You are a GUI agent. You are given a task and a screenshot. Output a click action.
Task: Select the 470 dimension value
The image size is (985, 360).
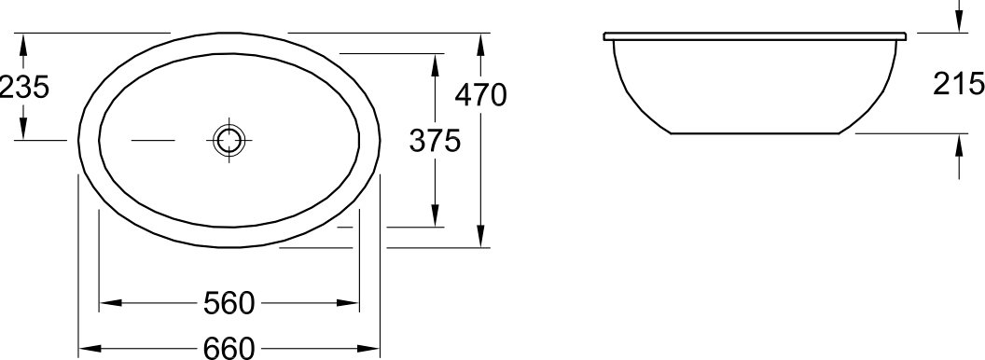tap(480, 95)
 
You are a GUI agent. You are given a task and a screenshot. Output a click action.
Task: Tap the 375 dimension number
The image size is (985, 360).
tap(435, 140)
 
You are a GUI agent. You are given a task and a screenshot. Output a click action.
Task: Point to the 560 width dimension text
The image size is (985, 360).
tap(229, 303)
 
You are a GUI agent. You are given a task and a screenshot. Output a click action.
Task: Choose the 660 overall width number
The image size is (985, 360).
tap(229, 348)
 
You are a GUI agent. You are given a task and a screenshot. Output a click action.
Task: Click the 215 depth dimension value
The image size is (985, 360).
tap(959, 84)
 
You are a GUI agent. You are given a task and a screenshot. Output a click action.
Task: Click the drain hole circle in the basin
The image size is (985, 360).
tap(229, 140)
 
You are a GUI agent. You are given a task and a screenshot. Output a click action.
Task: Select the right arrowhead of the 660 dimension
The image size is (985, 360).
tap(369, 348)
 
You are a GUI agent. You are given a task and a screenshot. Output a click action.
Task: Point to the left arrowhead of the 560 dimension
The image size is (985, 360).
tap(110, 303)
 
